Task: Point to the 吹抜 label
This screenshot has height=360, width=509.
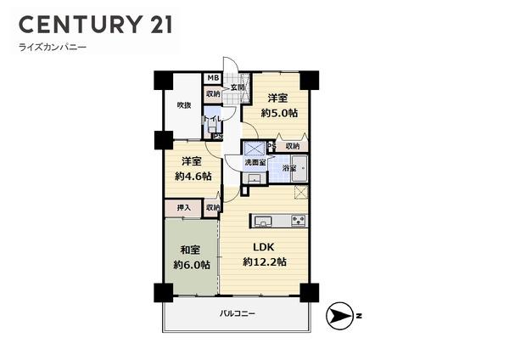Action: (182, 105)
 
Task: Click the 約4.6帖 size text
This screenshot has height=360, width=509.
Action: (189, 176)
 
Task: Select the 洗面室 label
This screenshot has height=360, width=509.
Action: (255, 161)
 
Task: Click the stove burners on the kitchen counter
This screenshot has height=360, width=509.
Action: (299, 222)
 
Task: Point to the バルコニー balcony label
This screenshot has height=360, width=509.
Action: (237, 314)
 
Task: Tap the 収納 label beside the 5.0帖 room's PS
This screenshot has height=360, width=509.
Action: (292, 146)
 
